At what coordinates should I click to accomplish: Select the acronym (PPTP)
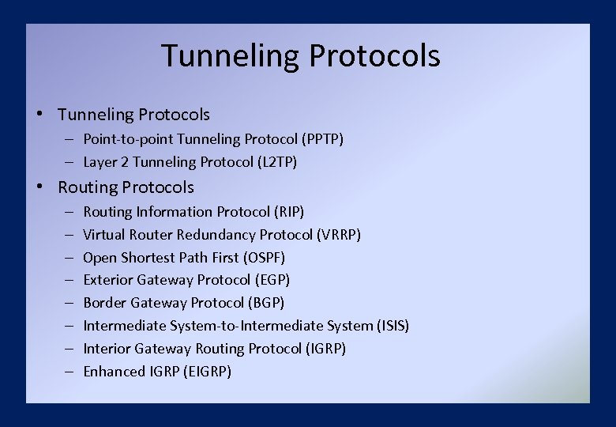click(322, 139)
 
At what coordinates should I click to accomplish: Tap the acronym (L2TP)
click(277, 162)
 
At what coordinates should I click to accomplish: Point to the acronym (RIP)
click(288, 212)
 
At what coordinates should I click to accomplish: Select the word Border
click(105, 303)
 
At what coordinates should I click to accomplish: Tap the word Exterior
click(108, 280)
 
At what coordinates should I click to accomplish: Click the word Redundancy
click(217, 235)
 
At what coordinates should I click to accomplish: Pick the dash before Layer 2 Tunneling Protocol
click(69, 162)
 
